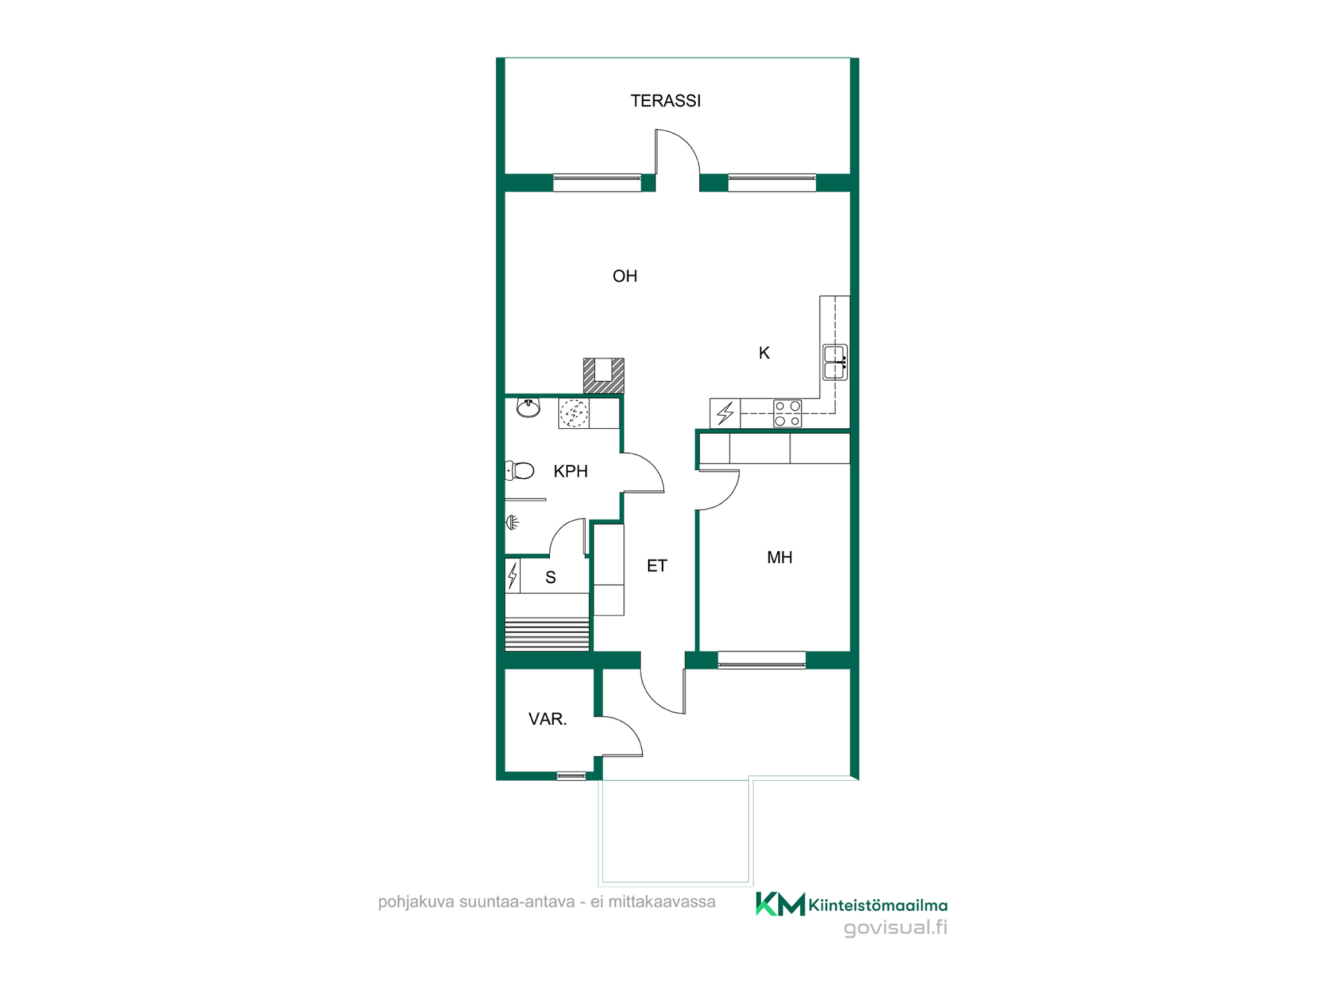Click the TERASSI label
tap(665, 101)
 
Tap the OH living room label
tap(625, 276)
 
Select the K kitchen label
tap(764, 353)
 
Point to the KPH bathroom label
tap(571, 472)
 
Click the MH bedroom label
tap(780, 557)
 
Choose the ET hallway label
tap(656, 566)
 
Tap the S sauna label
tap(551, 578)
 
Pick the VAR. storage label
tap(548, 719)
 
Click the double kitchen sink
tap(835, 362)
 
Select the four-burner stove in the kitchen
tap(788, 414)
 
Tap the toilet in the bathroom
tap(519, 471)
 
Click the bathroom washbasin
tap(528, 408)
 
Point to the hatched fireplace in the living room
tap(604, 376)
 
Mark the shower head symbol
tap(513, 522)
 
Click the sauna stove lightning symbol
tap(513, 575)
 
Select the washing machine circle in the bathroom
tap(574, 414)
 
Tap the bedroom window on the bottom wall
tap(762, 660)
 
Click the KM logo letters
tap(780, 904)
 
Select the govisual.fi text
tap(896, 928)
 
